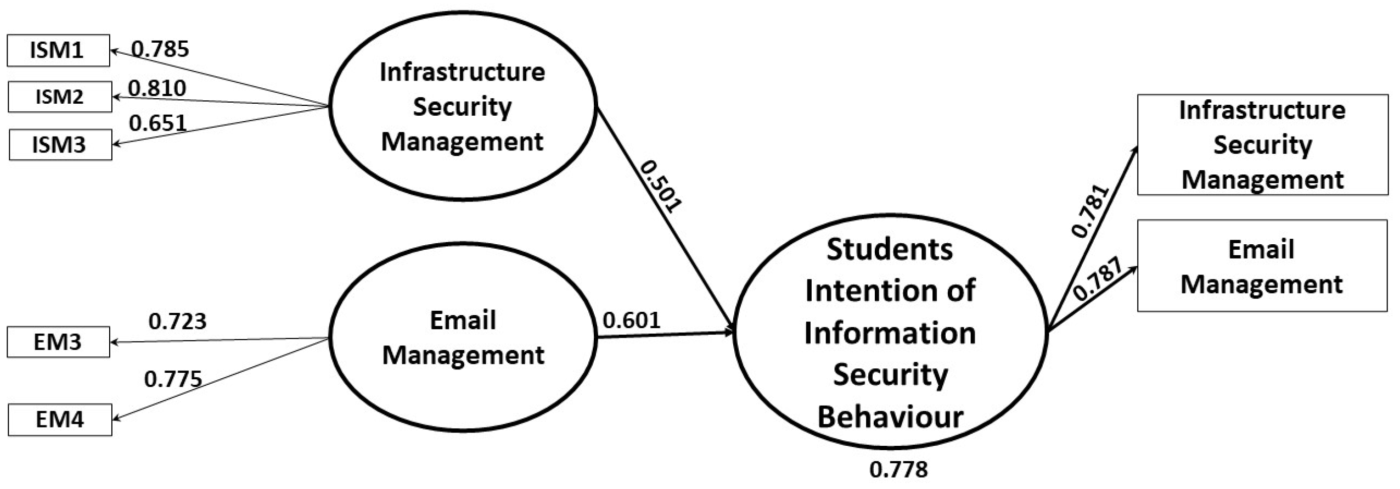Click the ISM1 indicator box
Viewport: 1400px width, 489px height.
click(x=58, y=51)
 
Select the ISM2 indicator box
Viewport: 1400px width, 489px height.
click(x=60, y=97)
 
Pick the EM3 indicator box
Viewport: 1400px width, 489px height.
click(x=58, y=342)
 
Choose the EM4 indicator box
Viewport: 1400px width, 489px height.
click(x=60, y=419)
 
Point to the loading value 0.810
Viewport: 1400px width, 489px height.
click(x=157, y=88)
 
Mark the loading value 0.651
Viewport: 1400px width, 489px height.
click(x=157, y=123)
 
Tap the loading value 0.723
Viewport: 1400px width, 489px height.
click(x=177, y=322)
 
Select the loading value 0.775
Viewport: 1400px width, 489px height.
click(x=173, y=379)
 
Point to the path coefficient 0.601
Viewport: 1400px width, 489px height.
click(x=631, y=320)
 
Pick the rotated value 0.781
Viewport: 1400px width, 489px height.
click(x=1090, y=211)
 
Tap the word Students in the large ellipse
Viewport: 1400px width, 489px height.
click(x=890, y=250)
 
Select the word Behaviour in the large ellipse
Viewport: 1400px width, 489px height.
click(x=890, y=418)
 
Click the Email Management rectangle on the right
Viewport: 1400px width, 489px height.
click(x=1262, y=266)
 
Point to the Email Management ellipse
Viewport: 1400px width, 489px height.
click(x=463, y=337)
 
